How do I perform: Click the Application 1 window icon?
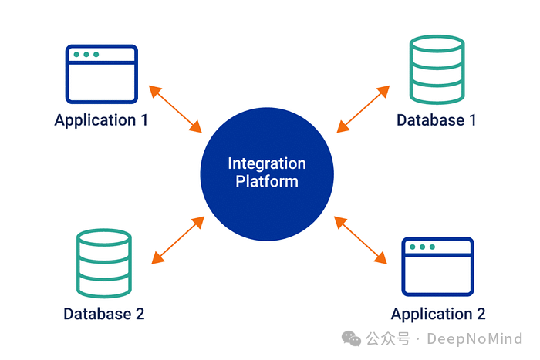(x=101, y=74)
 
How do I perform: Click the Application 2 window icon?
(x=437, y=267)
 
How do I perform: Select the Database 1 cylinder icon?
(x=437, y=70)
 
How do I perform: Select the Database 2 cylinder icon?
(x=103, y=263)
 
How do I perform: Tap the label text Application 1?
(x=100, y=120)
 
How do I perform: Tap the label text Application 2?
(x=437, y=314)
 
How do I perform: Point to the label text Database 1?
(x=436, y=120)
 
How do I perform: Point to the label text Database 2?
(x=103, y=314)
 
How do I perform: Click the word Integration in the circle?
(x=267, y=163)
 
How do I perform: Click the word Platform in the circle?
(x=267, y=182)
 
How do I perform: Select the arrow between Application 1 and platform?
(x=176, y=108)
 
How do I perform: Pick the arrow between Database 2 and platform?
(x=178, y=241)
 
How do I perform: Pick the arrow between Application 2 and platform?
(x=360, y=239)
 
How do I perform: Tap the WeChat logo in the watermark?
(x=352, y=339)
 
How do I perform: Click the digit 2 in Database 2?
(x=140, y=314)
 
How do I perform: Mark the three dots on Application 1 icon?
(x=86, y=55)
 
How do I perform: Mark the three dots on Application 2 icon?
(x=422, y=247)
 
